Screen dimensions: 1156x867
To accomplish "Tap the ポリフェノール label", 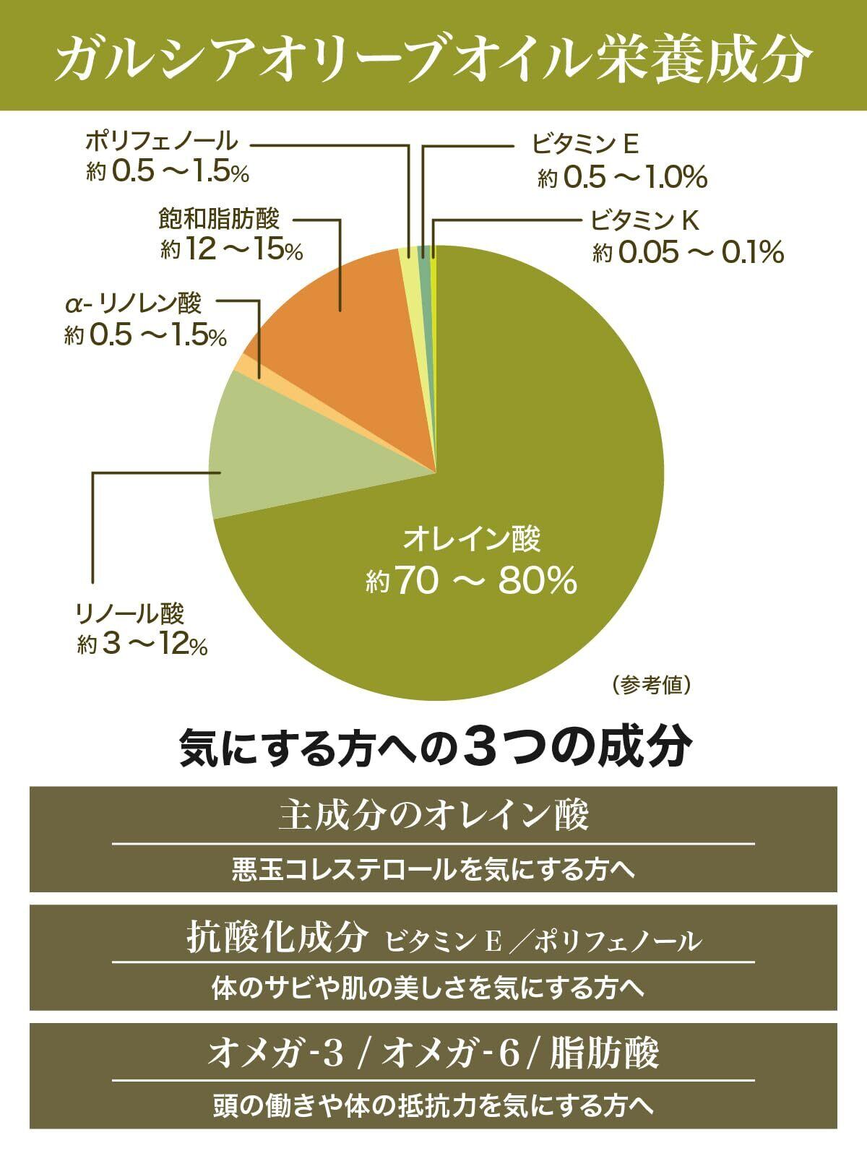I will (160, 140).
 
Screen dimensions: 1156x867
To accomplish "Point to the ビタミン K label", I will (644, 220).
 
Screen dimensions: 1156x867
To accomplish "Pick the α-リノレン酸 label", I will (133, 303).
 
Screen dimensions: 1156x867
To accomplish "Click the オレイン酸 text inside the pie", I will (471, 539).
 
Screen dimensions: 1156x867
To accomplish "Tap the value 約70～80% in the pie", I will (471, 580).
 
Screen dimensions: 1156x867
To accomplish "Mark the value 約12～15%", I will (232, 250).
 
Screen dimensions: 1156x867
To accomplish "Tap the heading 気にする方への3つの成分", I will (434, 749).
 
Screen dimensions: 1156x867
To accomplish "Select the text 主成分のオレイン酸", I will (433, 816).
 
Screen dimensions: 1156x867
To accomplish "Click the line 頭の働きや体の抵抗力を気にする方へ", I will (433, 1105).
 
